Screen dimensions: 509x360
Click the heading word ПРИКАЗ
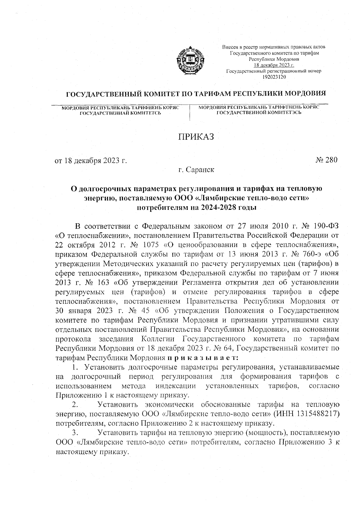[x=196, y=137]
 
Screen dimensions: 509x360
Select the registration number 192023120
[x=274, y=77]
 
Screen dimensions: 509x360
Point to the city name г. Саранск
[x=196, y=170]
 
